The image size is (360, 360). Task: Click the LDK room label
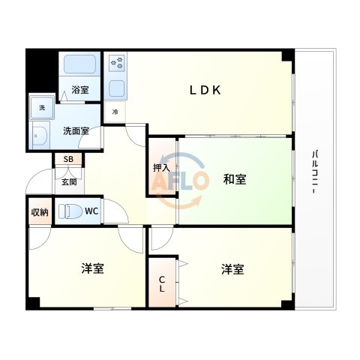point(204,90)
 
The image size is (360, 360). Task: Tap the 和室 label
point(235,179)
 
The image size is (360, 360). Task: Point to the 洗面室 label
point(76,130)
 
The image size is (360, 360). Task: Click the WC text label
point(91,211)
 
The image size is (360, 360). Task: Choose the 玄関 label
point(69,181)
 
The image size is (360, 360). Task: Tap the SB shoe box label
point(68,159)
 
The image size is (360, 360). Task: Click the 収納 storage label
point(40,211)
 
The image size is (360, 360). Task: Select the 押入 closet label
point(161,167)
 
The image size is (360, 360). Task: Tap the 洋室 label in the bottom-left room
point(92,268)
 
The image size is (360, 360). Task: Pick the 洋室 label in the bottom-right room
point(232,268)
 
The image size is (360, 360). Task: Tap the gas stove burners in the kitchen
point(117,64)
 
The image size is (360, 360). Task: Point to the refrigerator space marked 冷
point(115,112)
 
